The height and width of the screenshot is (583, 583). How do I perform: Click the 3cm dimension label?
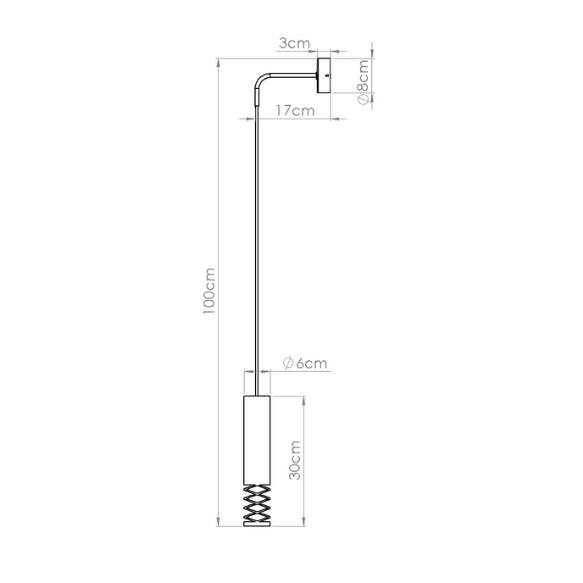click(295, 43)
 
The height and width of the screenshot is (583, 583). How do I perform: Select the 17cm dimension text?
click(295, 110)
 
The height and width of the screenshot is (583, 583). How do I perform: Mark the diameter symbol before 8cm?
click(363, 98)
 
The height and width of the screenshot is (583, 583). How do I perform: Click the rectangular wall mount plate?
click(324, 76)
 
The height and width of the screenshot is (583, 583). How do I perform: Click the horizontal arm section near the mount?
click(292, 74)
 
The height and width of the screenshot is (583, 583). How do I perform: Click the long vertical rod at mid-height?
click(255, 254)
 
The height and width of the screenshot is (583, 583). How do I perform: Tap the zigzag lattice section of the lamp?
click(255, 505)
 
